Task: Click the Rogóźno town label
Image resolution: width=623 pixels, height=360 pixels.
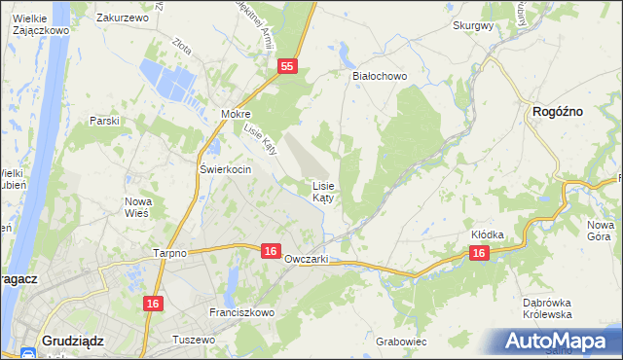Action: (x=558, y=113)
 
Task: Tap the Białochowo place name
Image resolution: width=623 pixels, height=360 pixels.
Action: (x=379, y=75)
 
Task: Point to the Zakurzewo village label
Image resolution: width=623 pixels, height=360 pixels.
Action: (x=122, y=18)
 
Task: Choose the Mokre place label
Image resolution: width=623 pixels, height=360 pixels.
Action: (x=236, y=114)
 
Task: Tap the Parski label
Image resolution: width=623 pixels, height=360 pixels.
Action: (x=103, y=121)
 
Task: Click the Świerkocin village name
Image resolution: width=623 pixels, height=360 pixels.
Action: (x=226, y=169)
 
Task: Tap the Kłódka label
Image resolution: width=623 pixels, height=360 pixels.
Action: (x=487, y=235)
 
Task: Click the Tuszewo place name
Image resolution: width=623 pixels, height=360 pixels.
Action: (x=193, y=340)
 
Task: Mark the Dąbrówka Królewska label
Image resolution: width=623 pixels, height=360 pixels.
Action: (x=544, y=308)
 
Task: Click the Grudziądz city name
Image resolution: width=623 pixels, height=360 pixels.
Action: (x=74, y=341)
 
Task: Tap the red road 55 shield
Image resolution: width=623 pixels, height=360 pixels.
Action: (x=286, y=66)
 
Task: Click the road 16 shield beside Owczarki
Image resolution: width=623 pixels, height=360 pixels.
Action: (x=272, y=251)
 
